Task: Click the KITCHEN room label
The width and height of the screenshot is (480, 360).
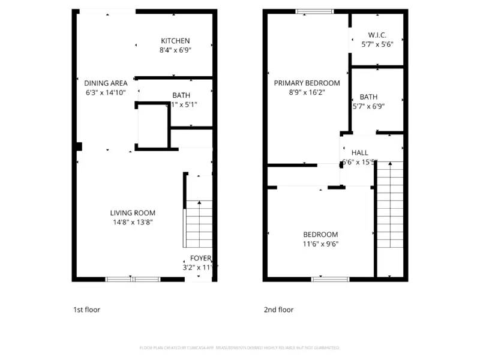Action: tap(175, 41)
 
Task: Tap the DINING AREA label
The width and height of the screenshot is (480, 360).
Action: tap(106, 83)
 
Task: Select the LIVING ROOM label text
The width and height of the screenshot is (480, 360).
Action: tap(133, 213)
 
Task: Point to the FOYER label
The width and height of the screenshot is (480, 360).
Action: tap(200, 258)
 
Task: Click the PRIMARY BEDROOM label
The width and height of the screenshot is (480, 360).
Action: tap(307, 83)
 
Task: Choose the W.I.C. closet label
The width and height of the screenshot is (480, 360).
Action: tap(377, 35)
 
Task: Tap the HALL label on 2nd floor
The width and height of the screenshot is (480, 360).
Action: tap(360, 153)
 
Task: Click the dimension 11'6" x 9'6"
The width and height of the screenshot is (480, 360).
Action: tap(320, 244)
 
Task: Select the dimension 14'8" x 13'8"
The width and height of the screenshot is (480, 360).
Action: tap(133, 223)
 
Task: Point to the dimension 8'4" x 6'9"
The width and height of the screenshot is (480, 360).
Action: tap(175, 50)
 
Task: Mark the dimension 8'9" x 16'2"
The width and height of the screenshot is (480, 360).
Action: tap(307, 93)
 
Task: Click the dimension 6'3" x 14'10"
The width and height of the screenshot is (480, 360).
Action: tap(106, 93)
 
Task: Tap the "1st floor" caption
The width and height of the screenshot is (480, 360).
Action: tap(86, 310)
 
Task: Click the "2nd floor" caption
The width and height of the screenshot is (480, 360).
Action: tap(278, 310)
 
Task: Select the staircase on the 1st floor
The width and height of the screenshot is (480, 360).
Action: tap(199, 223)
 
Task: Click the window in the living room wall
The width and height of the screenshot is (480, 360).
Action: tap(133, 279)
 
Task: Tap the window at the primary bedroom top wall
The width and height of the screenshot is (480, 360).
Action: tap(314, 11)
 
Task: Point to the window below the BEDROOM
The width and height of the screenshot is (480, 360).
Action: tap(330, 279)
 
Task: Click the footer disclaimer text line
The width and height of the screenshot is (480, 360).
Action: tap(240, 347)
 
